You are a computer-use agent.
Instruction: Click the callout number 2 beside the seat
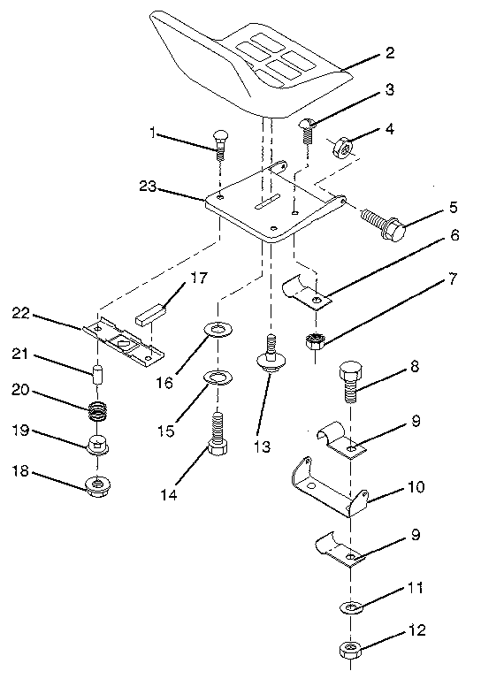click(389, 53)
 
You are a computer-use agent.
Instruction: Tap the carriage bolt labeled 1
click(220, 141)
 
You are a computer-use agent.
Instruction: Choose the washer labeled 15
click(215, 379)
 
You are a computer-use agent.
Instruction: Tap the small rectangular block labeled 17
click(151, 312)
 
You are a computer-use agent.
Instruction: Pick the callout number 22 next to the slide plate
click(22, 313)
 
